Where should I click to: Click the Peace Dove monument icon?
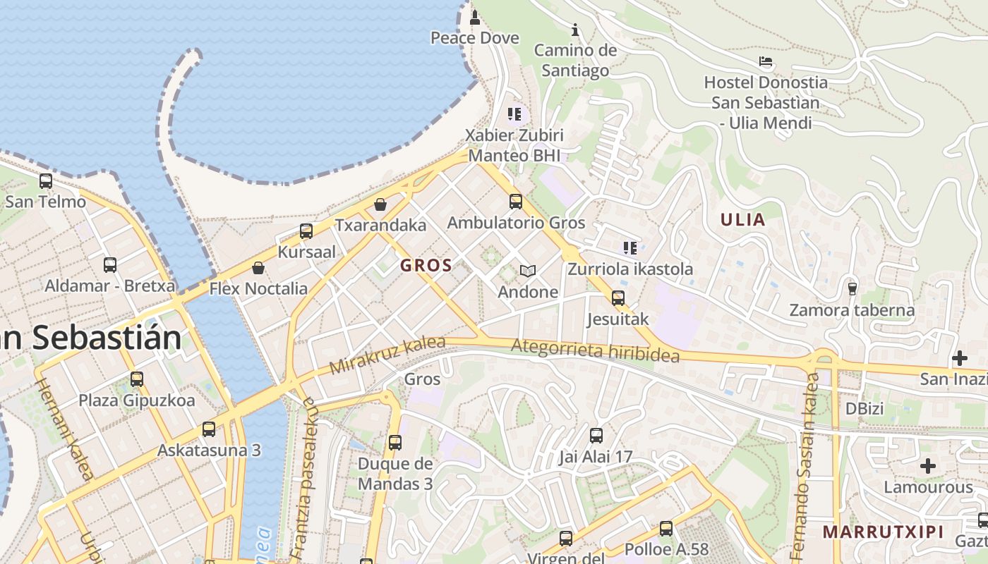click(x=475, y=16)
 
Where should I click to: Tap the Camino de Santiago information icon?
click(x=575, y=30)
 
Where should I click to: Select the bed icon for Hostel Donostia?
click(x=766, y=61)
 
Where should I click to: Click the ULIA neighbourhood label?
click(x=742, y=220)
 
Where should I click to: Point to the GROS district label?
click(x=426, y=266)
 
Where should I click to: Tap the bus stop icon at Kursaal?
click(x=306, y=231)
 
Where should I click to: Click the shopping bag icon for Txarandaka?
click(x=380, y=204)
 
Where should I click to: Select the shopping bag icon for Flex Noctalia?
click(x=258, y=268)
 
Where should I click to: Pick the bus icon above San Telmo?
click(x=46, y=181)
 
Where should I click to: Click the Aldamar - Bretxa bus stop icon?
click(x=110, y=265)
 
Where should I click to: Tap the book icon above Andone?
click(x=528, y=271)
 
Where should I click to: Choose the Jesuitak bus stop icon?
click(x=618, y=298)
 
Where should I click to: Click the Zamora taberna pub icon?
click(x=852, y=288)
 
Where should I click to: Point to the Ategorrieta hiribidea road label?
click(x=595, y=350)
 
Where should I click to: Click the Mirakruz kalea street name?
click(x=387, y=355)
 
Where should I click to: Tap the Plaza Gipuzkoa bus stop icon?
click(x=137, y=379)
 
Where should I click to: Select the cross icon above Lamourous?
click(x=928, y=466)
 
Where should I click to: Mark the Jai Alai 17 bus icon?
click(x=596, y=436)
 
